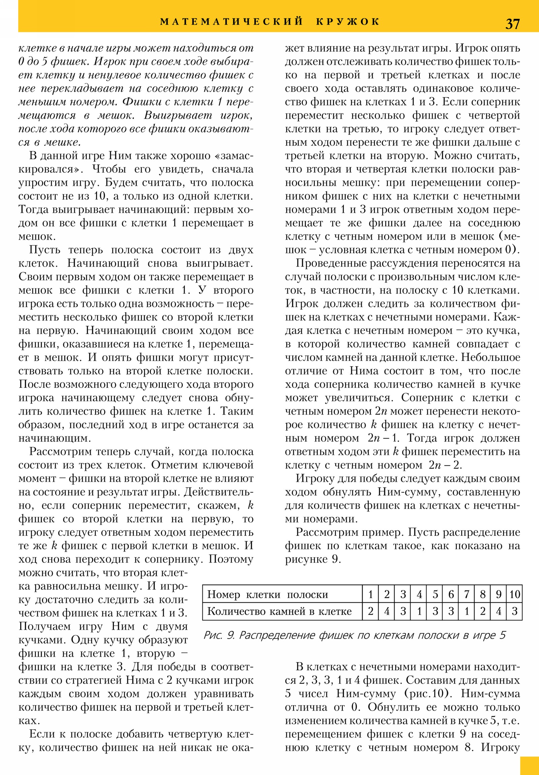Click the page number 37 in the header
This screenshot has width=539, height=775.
[x=512, y=24]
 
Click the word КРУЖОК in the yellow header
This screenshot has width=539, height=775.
[x=348, y=22]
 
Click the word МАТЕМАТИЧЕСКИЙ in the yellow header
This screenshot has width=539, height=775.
[x=231, y=22]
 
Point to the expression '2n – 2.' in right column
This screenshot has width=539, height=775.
[x=445, y=465]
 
